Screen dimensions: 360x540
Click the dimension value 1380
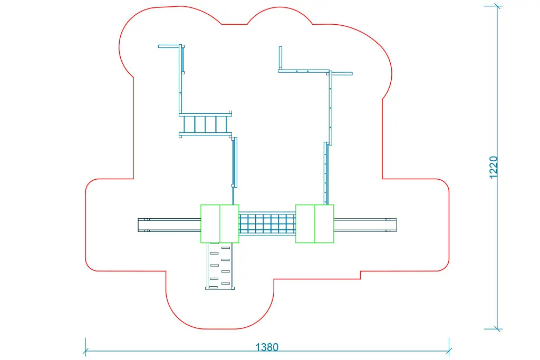pos(267,347)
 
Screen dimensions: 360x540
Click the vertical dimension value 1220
pos(494,167)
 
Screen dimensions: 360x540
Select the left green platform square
pos(219,223)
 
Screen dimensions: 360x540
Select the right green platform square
pos(314,223)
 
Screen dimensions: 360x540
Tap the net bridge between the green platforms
pos(267,223)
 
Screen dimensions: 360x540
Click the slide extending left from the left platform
pos(169,225)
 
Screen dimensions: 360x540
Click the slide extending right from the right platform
pos(365,225)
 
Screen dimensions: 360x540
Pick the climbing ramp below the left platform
pos(220,266)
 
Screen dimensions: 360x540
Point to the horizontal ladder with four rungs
pos(205,124)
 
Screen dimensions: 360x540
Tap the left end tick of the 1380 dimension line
pos(85,351)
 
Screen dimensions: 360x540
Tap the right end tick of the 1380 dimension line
pos(449,351)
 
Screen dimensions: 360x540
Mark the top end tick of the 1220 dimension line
pos(497,6)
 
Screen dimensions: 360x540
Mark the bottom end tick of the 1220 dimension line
pos(497,328)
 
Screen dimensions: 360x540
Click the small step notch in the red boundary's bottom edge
pos(360,275)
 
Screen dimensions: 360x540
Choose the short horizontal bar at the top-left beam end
pos(169,46)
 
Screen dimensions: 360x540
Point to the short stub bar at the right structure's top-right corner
pos(342,74)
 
